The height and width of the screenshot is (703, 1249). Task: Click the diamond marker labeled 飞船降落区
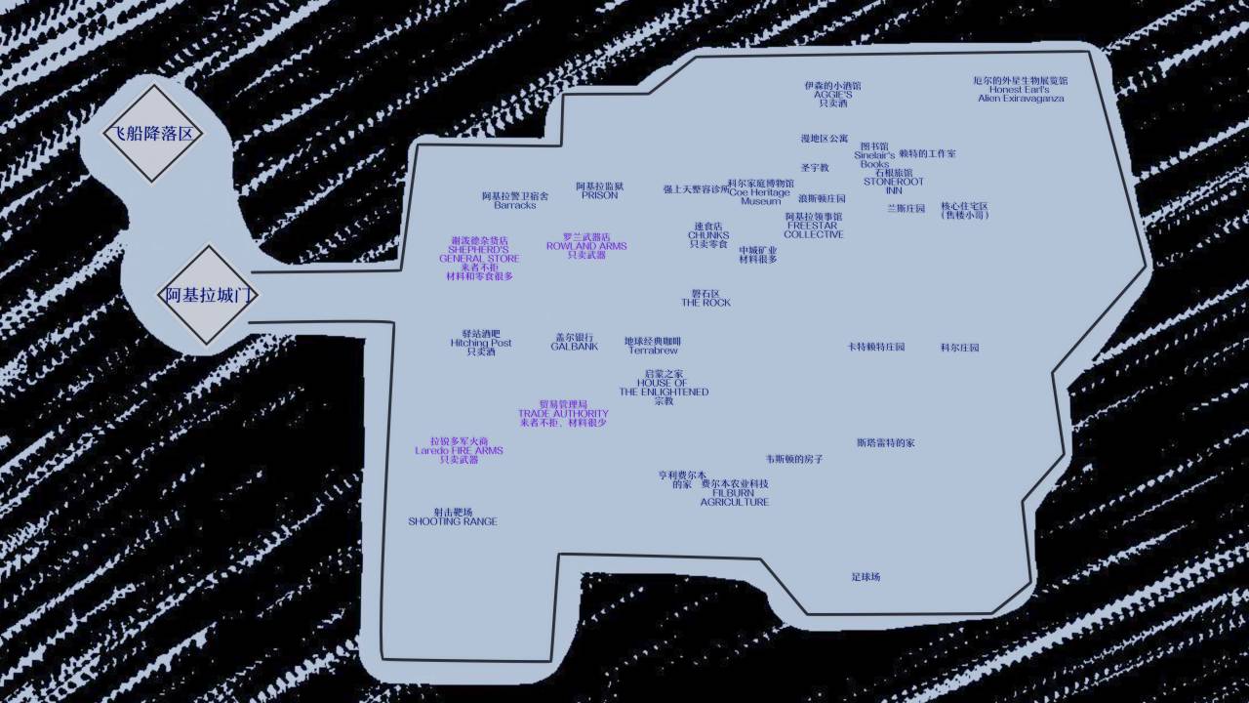(152, 134)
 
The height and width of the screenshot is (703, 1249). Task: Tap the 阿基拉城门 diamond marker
(207, 295)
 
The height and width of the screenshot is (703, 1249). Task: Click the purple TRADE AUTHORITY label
(563, 413)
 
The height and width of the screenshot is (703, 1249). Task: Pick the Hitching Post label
(480, 343)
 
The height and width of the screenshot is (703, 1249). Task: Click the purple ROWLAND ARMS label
(586, 246)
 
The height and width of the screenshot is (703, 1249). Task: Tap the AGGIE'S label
(832, 94)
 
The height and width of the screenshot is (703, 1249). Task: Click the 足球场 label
(866, 577)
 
